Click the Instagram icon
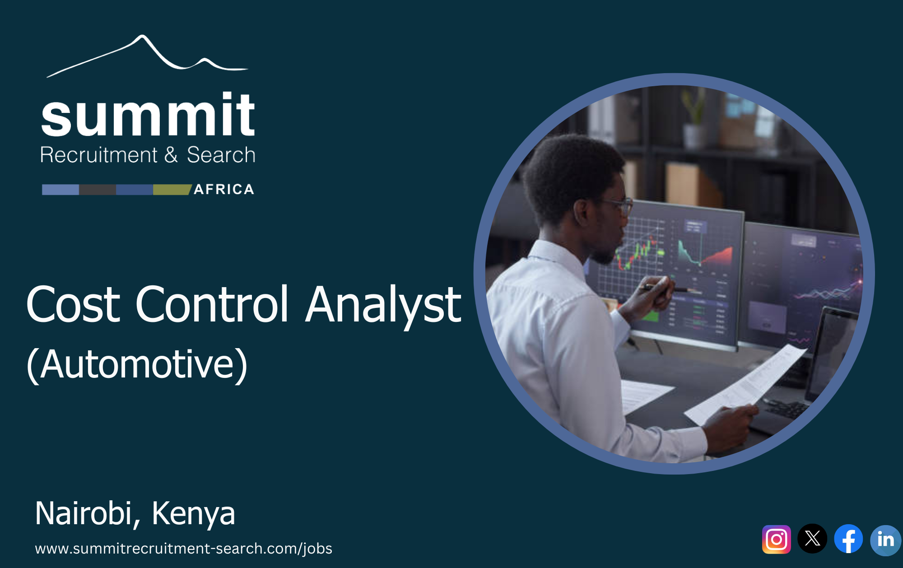click(776, 539)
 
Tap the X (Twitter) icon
click(812, 538)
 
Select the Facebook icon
click(848, 539)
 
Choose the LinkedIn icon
click(885, 540)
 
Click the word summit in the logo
click(148, 115)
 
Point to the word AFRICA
click(224, 189)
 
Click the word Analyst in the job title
click(383, 305)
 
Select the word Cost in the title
click(74, 305)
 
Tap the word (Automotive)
click(137, 364)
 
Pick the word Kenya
click(193, 514)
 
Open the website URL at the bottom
click(183, 548)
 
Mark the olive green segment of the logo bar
click(172, 190)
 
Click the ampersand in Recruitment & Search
click(171, 155)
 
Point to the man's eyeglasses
click(619, 205)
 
